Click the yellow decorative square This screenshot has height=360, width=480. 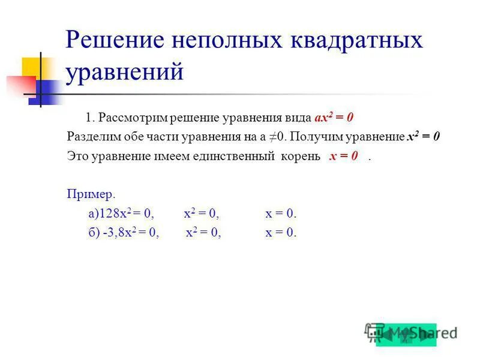33,68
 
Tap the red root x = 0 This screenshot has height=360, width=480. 344,157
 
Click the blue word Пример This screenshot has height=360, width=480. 89,195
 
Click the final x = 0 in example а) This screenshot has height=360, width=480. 281,214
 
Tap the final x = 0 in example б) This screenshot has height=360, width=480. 281,233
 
